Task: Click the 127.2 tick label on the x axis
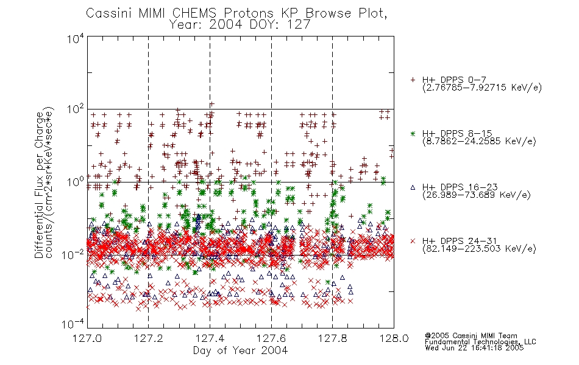pos(149,338)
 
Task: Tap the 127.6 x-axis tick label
pos(271,338)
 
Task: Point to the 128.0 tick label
pos(394,338)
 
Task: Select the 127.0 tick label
pos(87,338)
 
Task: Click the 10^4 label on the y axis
pos(76,38)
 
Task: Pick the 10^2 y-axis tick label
pos(76,109)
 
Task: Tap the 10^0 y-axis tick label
pos(76,182)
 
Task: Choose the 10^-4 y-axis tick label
pos(73,324)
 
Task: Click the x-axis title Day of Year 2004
pos(240,350)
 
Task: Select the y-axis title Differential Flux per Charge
pos(39,185)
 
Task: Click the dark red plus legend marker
pos(413,80)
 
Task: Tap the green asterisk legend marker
pos(413,134)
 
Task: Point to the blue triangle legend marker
pos(413,187)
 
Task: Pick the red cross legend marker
pos(413,241)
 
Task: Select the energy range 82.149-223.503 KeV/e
pos(479,249)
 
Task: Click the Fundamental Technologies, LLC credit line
pos(480,342)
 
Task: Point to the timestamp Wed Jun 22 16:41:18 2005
pos(474,348)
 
